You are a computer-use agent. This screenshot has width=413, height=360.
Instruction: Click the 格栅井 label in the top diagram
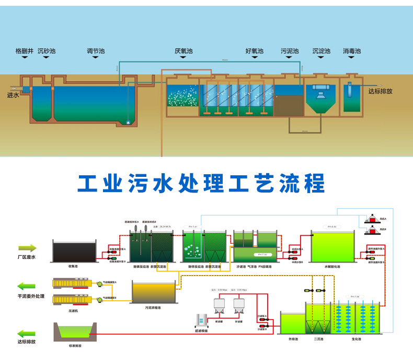tap(24, 51)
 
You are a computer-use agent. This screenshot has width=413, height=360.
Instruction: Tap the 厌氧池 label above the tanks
tap(183, 51)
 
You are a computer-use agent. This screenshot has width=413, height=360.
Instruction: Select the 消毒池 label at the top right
tap(352, 51)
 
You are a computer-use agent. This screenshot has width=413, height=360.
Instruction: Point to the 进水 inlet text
tap(13, 95)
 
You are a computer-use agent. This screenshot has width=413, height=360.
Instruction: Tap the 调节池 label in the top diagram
tap(96, 51)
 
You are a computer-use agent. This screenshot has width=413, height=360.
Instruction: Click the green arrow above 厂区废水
tap(27, 248)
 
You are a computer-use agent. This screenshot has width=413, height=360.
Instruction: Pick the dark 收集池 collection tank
tap(75, 252)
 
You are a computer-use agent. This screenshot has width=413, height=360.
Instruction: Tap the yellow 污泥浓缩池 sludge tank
tap(154, 292)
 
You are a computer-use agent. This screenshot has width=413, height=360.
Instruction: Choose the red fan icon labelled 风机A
tap(372, 218)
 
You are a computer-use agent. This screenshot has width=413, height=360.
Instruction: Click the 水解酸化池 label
tap(332, 267)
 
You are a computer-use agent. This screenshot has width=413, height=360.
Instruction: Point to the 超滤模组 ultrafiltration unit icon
tap(200, 320)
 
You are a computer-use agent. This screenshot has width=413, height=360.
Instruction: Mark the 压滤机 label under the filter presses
tap(74, 311)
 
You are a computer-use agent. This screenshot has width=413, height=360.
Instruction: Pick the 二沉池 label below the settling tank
tap(319, 340)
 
